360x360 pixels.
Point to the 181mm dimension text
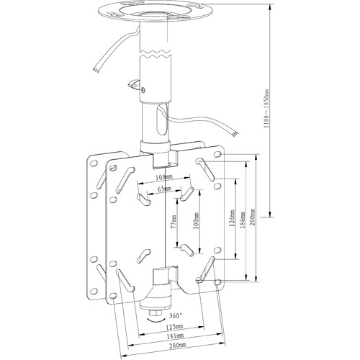(175, 336)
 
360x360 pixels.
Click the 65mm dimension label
(164, 189)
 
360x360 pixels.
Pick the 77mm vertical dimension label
(174, 221)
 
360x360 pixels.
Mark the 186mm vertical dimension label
(243, 220)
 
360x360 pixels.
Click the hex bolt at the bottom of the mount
(156, 313)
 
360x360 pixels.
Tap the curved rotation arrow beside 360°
(156, 320)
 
